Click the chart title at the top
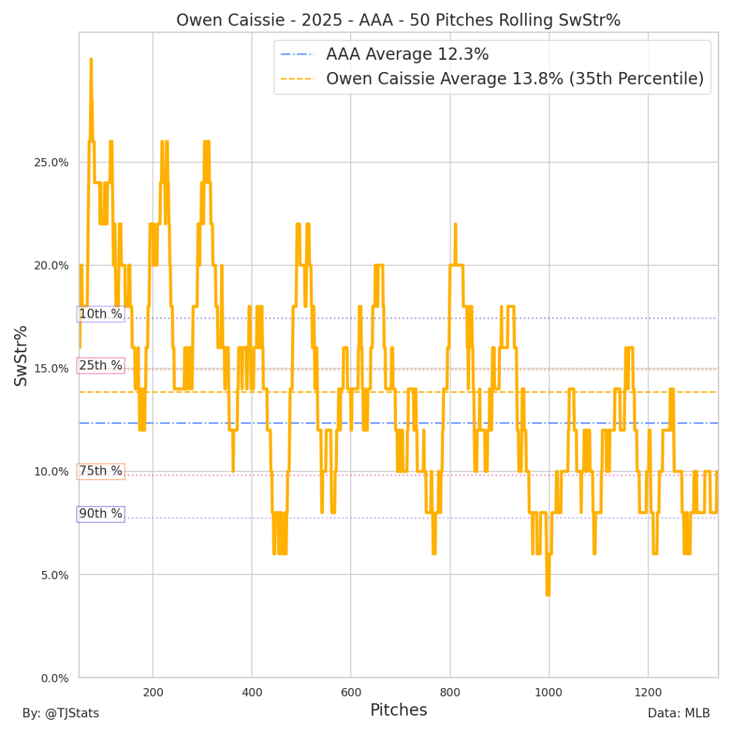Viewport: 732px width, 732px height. pyautogui.click(x=398, y=20)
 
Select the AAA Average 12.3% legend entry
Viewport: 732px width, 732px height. pyautogui.click(x=407, y=54)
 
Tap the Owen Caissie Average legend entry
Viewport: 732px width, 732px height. pyautogui.click(x=514, y=79)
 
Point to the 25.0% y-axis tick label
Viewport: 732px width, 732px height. pyautogui.click(x=51, y=162)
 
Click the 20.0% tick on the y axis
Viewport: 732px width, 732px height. pyautogui.click(x=51, y=265)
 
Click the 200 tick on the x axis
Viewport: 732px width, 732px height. pyautogui.click(x=152, y=692)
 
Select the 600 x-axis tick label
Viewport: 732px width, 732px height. pyautogui.click(x=351, y=692)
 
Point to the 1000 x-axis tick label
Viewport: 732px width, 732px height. pyautogui.click(x=549, y=692)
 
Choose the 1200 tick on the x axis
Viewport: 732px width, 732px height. pyautogui.click(x=648, y=692)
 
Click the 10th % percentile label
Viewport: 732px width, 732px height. pyautogui.click(x=101, y=314)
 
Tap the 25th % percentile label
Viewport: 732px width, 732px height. pyautogui.click(x=101, y=365)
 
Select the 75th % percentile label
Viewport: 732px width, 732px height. pyautogui.click(x=101, y=471)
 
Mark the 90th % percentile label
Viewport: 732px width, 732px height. pyautogui.click(x=101, y=514)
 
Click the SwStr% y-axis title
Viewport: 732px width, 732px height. pyautogui.click(x=21, y=356)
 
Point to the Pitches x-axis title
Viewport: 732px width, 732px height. pyautogui.click(x=398, y=710)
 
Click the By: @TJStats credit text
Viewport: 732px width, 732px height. pyautogui.click(x=60, y=713)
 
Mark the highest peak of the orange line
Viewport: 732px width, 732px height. pyautogui.click(x=91, y=59)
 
